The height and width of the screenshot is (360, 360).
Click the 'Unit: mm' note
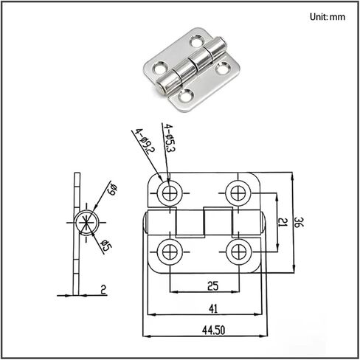(x=328, y=17)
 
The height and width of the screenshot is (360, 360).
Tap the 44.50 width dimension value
(x=213, y=330)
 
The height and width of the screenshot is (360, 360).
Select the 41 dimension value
(x=213, y=308)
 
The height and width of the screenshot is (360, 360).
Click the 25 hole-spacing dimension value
(x=213, y=286)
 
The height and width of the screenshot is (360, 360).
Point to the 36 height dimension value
(x=299, y=222)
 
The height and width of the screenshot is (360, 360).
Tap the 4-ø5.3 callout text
(x=170, y=138)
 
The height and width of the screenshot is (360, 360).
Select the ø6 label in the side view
(x=113, y=189)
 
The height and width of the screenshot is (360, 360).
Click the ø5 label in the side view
(x=106, y=246)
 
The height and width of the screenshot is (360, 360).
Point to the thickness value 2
(x=103, y=290)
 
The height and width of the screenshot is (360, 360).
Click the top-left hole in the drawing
(x=170, y=193)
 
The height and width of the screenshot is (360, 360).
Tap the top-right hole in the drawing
(x=238, y=193)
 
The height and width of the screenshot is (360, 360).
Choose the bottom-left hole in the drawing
(x=170, y=252)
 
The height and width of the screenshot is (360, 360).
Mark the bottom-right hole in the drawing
(x=238, y=252)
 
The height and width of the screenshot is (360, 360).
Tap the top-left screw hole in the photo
(x=197, y=41)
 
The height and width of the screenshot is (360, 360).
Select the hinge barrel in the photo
(x=192, y=66)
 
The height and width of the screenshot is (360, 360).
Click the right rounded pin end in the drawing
(x=263, y=223)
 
